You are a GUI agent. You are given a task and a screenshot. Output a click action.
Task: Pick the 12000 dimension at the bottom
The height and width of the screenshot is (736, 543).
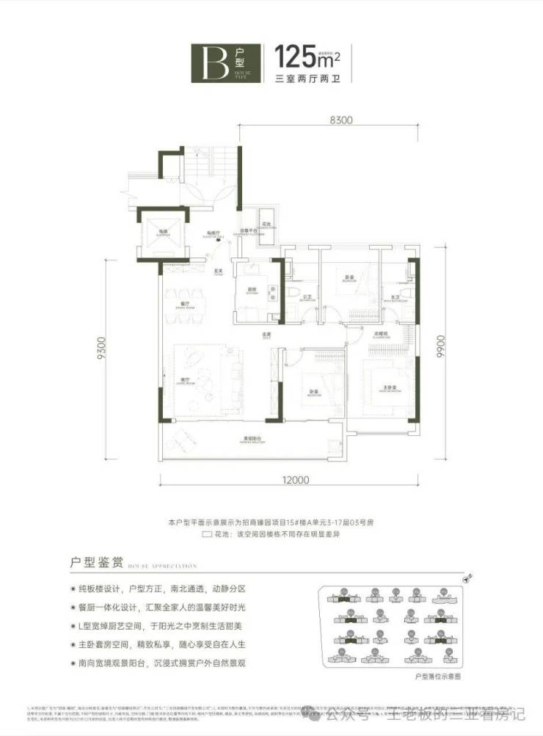coord(290,481)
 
